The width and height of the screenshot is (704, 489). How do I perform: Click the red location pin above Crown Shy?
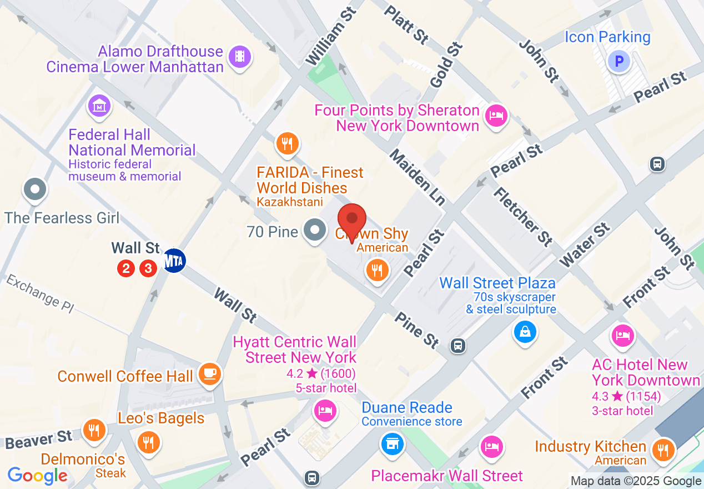352,219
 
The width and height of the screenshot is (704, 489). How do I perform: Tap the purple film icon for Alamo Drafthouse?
240,56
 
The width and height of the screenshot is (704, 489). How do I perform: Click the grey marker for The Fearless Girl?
35,189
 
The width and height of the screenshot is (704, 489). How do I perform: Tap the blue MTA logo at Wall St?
174,261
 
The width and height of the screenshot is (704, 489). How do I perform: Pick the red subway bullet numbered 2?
126,269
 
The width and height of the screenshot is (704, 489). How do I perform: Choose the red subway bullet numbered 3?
148,269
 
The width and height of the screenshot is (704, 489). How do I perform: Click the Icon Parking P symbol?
618,61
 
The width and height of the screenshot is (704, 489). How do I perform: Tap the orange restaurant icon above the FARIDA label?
287,144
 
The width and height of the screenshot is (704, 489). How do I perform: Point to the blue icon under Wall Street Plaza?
525,332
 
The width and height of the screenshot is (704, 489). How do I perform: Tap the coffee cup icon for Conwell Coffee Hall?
209,373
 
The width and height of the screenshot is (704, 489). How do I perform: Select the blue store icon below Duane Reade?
392,443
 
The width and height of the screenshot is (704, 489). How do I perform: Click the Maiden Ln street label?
416,177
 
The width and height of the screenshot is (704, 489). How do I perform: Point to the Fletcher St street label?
522,216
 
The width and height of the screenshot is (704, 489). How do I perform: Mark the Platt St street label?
407,24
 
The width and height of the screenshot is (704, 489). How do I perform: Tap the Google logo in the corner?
38,475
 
